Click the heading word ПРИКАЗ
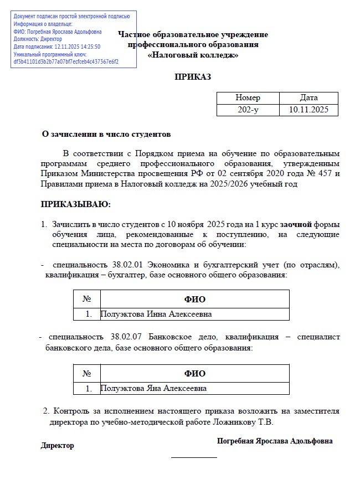click(x=193, y=77)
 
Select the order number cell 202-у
click(x=248, y=110)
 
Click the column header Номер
click(x=248, y=97)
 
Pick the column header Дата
click(x=309, y=97)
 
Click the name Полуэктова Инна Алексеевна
click(x=156, y=314)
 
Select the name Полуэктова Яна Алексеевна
click(x=153, y=388)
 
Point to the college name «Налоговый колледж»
click(x=193, y=55)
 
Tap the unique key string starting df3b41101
click(x=66, y=61)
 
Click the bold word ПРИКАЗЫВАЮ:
click(x=76, y=205)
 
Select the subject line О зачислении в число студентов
click(x=107, y=134)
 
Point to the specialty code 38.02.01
click(x=127, y=265)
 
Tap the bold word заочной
click(x=296, y=224)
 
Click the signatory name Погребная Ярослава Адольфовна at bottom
click(x=275, y=441)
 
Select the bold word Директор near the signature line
click(x=57, y=446)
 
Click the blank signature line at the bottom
click(x=194, y=457)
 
